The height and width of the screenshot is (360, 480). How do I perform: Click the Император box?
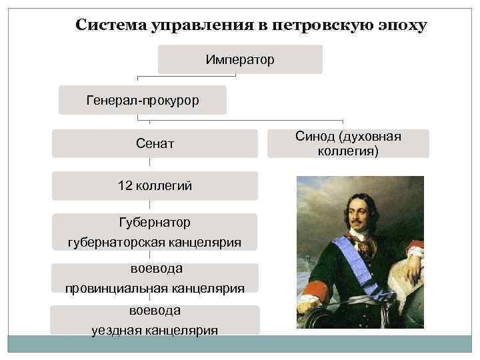[240, 60]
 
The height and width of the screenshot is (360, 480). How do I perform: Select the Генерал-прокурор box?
[143, 100]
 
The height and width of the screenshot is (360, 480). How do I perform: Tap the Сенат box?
[155, 143]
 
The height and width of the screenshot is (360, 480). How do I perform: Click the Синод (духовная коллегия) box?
[348, 143]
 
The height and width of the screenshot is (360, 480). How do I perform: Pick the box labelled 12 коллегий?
[155, 186]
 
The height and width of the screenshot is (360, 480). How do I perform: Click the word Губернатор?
[155, 221]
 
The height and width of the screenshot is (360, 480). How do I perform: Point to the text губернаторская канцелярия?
[155, 241]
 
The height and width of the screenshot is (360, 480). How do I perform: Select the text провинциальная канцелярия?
[155, 288]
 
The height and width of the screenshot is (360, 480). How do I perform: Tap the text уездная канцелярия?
[155, 330]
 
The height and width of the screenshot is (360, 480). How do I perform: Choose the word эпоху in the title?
[399, 26]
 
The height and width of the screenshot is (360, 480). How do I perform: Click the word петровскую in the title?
[320, 26]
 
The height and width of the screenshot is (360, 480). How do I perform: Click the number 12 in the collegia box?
[125, 186]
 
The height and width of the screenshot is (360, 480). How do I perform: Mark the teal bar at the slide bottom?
[240, 344]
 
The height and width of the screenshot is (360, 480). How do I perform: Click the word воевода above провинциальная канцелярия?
[155, 268]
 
